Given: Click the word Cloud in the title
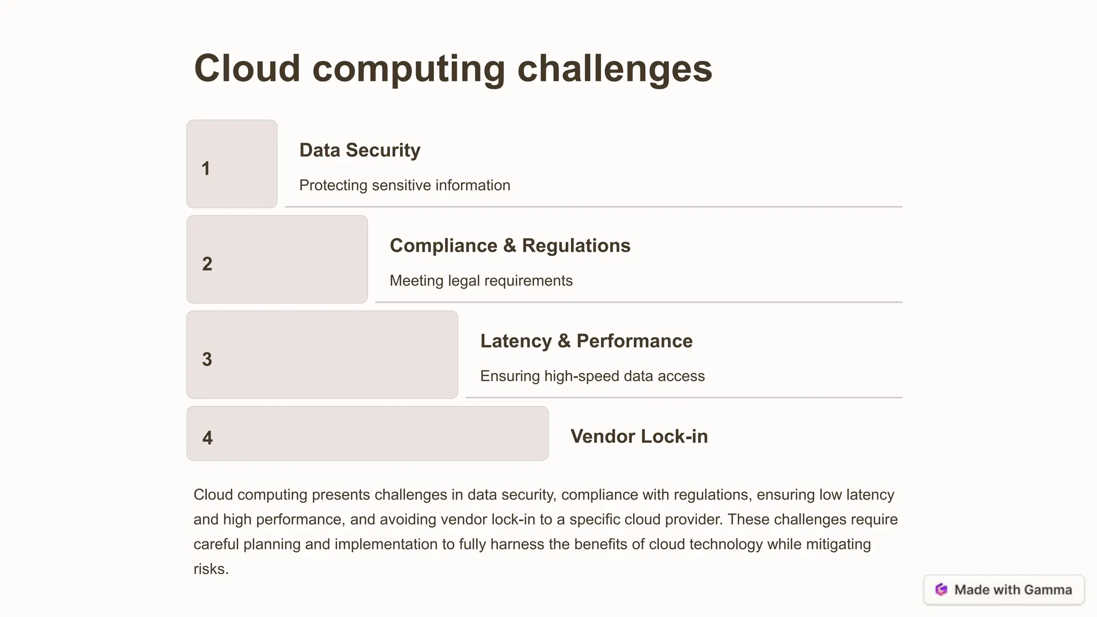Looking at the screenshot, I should click(x=247, y=69).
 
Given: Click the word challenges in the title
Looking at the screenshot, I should click(x=614, y=69).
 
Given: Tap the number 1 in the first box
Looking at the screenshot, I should click(x=206, y=169).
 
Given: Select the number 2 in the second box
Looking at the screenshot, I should click(x=207, y=264).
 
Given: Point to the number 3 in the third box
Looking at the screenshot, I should click(x=207, y=359).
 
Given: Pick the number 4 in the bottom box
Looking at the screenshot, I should click(x=208, y=438).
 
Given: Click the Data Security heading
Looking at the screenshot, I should click(x=359, y=151).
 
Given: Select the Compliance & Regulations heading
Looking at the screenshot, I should click(x=509, y=246).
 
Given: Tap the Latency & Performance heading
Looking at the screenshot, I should click(x=586, y=341).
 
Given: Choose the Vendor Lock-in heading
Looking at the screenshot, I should click(x=639, y=437).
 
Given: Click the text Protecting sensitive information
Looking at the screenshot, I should click(x=404, y=185).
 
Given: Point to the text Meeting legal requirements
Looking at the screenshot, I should click(x=480, y=281).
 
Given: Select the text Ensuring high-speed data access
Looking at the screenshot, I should click(x=592, y=376).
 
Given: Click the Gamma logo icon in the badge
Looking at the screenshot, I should click(x=941, y=590).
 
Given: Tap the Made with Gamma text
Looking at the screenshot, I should click(x=1013, y=590).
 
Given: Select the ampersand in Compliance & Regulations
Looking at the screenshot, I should click(x=509, y=246).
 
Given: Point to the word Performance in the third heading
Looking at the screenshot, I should click(x=634, y=341).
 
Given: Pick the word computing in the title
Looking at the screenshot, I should click(x=408, y=69).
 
